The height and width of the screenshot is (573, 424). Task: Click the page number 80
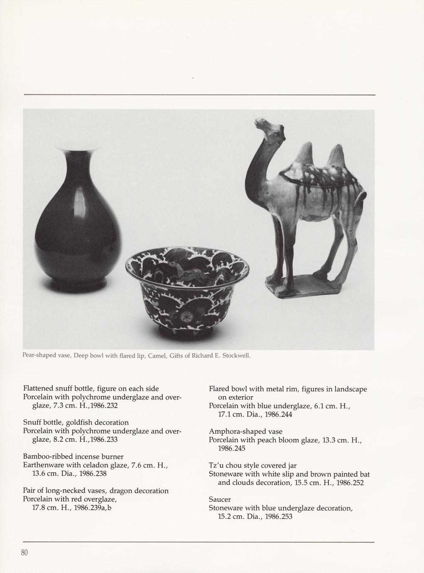[x=24, y=553]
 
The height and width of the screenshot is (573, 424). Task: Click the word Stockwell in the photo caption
[x=237, y=356]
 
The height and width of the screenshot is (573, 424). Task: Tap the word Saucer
[x=220, y=499]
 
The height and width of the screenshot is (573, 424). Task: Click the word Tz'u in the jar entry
[x=216, y=465]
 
